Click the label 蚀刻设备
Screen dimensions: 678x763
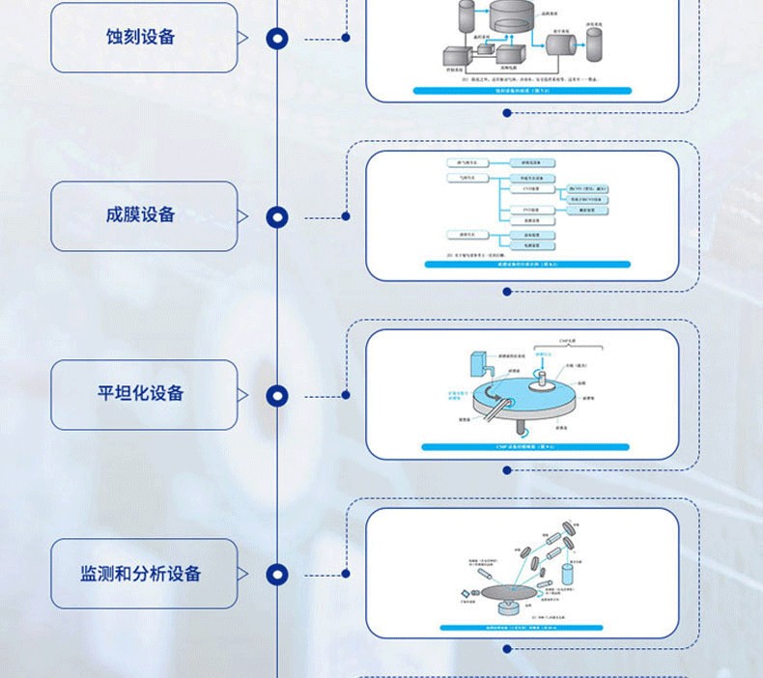[143, 38]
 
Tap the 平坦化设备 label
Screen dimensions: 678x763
[143, 395]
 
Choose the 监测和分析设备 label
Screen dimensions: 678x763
[143, 574]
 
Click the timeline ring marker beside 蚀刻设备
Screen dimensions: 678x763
[277, 39]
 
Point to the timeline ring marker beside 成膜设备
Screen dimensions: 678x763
[277, 217]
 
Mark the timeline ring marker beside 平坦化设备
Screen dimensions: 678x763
[277, 395]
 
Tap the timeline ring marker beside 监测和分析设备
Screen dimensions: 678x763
[277, 575]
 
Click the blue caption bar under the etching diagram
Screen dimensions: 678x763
[522, 91]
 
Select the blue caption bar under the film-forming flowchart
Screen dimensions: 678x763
[522, 263]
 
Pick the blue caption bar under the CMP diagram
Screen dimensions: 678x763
[522, 446]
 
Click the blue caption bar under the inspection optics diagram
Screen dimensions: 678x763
[522, 627]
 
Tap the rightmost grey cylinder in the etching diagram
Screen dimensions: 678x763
[592, 42]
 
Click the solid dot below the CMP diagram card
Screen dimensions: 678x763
[507, 470]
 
